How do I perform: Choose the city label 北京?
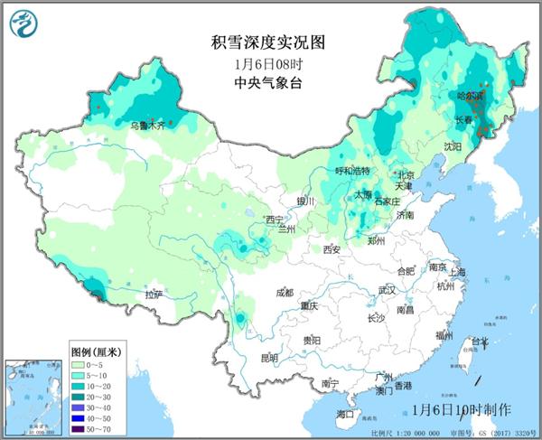coord(405,175)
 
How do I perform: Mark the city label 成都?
coord(285,293)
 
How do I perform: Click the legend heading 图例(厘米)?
coord(97,350)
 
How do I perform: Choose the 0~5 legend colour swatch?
coord(79,362)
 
